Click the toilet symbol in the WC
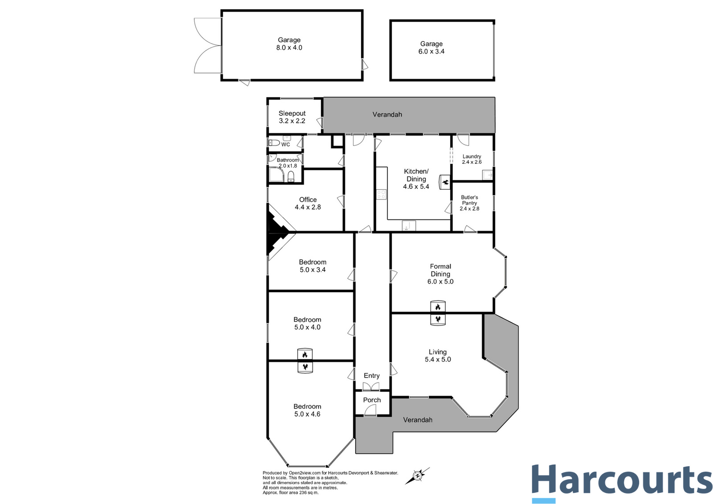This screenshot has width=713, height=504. tap(274, 143)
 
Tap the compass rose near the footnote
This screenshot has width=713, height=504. tap(418, 476)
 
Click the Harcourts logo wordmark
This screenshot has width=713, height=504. tap(622, 480)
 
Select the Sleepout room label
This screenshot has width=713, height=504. tap(292, 114)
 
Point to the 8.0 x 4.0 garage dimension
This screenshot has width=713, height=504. tap(289, 48)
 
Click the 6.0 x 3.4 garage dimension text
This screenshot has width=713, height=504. tap(431, 52)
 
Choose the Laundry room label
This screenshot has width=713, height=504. tap(471, 156)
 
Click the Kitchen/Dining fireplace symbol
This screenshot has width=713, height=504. tap(445, 182)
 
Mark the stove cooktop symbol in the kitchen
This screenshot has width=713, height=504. tap(381, 194)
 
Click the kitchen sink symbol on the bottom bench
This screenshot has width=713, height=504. tap(409, 226)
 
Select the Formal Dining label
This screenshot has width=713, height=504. tap(440, 270)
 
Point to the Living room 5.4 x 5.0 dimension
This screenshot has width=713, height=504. tap(438, 360)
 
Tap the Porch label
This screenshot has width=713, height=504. tap(372, 400)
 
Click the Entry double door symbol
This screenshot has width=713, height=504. tap(371, 386)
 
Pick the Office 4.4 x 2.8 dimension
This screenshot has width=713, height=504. tap(308, 207)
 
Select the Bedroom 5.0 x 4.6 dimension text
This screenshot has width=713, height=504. tap(307, 415)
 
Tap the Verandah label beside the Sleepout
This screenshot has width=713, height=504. tap(387, 114)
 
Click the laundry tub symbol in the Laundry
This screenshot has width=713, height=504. tap(487, 175)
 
